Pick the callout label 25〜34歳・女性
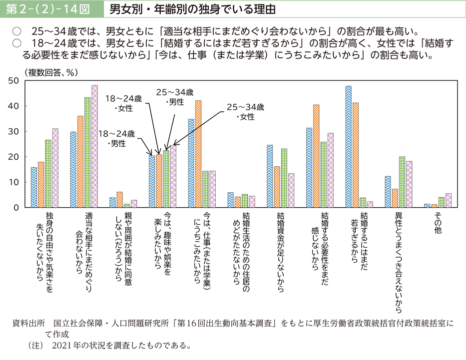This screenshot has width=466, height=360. click(x=245, y=112)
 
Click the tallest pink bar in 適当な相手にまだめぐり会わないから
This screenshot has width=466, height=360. click(x=95, y=146)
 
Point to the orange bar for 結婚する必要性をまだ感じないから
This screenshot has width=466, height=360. click(x=316, y=156)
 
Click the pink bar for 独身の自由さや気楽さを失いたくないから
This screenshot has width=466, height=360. click(x=55, y=168)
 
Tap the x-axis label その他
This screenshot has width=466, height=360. click(x=438, y=221)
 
